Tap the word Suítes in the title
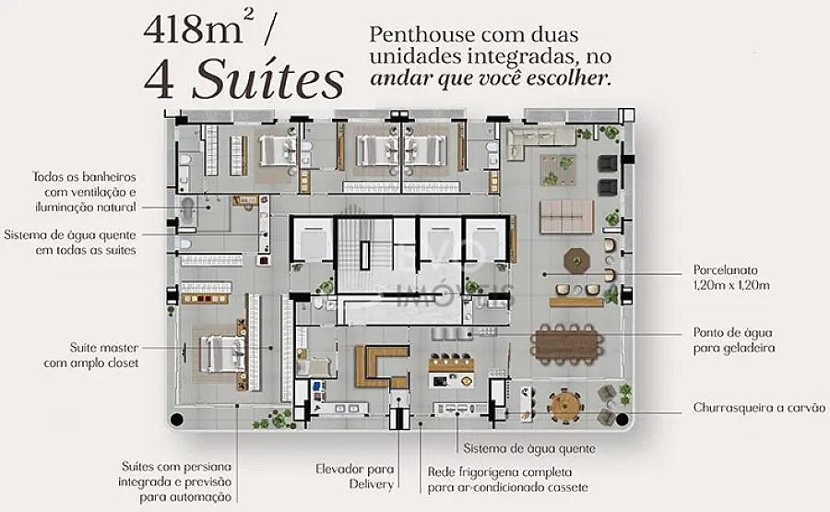click(267, 79)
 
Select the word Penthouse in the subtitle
click(421, 35)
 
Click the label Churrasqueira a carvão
click(759, 408)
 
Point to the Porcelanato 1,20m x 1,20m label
click(731, 278)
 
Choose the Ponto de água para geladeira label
click(734, 339)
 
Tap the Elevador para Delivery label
click(355, 476)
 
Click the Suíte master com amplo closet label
click(91, 355)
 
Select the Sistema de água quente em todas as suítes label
click(70, 242)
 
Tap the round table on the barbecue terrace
click(566, 407)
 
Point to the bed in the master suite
click(222, 353)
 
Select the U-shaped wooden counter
click(381, 366)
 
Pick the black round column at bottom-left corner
click(176, 420)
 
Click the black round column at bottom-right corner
click(622, 420)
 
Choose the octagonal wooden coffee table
click(576, 261)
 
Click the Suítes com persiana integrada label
click(174, 482)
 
